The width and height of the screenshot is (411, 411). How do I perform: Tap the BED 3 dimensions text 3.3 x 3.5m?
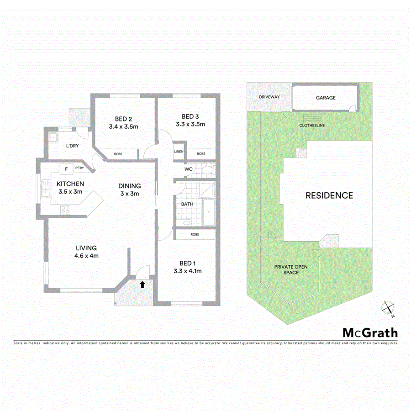tap(190, 124)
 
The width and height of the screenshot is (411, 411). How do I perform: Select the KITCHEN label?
tap(70, 184)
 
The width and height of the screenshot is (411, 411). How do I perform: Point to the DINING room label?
tap(129, 186)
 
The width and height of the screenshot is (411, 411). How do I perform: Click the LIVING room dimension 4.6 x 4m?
tap(87, 256)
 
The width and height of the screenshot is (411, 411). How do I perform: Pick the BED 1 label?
tap(188, 263)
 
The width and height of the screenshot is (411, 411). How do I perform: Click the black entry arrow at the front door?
tap(142, 285)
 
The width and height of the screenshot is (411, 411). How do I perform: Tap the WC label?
tap(189, 169)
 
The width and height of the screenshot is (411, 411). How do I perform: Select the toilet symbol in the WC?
tap(207, 170)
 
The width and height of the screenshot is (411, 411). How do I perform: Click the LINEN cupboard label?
tap(179, 152)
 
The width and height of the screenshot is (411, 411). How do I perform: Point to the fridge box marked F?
tap(67, 169)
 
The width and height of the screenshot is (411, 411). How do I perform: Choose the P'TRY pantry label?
tap(80, 169)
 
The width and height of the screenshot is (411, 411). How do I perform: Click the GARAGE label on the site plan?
tap(326, 98)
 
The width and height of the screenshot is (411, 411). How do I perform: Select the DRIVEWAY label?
tap(269, 97)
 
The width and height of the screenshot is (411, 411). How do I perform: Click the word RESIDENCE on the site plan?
tap(329, 195)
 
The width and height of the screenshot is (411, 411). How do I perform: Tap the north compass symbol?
tap(389, 308)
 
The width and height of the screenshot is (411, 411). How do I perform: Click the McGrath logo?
tap(370, 333)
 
